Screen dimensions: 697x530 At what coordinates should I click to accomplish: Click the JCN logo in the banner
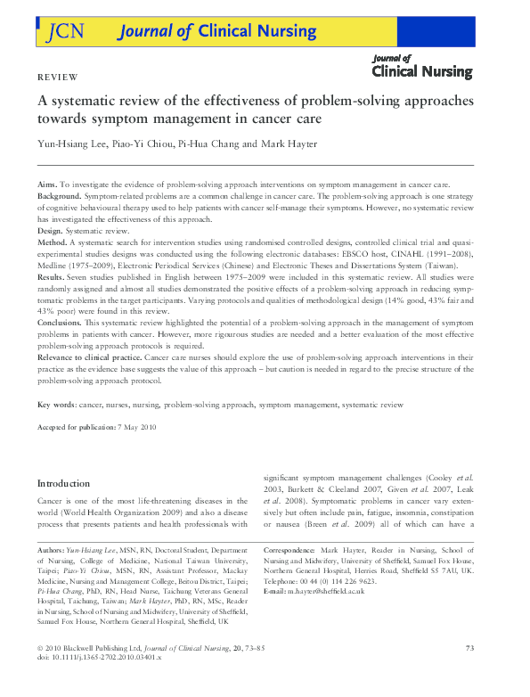point(62,31)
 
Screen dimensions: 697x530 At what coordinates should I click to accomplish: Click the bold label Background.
point(58,194)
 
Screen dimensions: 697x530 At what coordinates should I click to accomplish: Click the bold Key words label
point(57,405)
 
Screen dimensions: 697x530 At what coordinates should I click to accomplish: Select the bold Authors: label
point(52,552)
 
